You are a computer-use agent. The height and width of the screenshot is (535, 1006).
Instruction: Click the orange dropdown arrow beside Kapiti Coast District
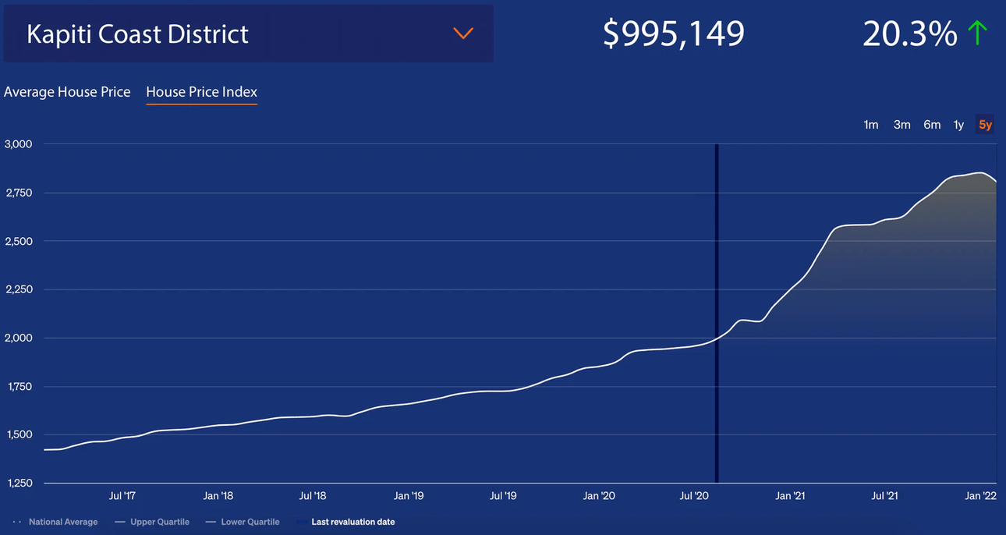click(x=463, y=34)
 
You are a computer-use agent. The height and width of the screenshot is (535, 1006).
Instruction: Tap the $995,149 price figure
click(x=674, y=34)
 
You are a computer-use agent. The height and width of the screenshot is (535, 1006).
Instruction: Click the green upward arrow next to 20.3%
click(x=977, y=33)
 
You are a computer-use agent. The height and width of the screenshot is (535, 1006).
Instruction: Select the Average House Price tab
click(x=67, y=92)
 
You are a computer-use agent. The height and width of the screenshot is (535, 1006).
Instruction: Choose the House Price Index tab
click(x=201, y=92)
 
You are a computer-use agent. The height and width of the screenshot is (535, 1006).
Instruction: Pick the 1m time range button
click(x=871, y=125)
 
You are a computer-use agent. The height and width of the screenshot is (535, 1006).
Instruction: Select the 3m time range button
click(x=902, y=125)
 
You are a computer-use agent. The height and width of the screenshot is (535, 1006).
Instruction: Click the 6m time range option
click(x=932, y=125)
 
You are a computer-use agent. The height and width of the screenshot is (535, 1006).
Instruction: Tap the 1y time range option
click(x=958, y=125)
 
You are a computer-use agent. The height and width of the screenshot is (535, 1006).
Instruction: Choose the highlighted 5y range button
click(x=986, y=125)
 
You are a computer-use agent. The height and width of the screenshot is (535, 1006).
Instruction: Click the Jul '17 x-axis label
click(x=122, y=495)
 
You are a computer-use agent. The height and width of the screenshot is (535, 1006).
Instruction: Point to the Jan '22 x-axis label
click(x=980, y=495)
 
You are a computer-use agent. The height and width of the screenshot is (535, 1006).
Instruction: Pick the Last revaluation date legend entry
click(x=352, y=522)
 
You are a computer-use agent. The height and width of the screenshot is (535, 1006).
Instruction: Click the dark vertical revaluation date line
click(x=716, y=312)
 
